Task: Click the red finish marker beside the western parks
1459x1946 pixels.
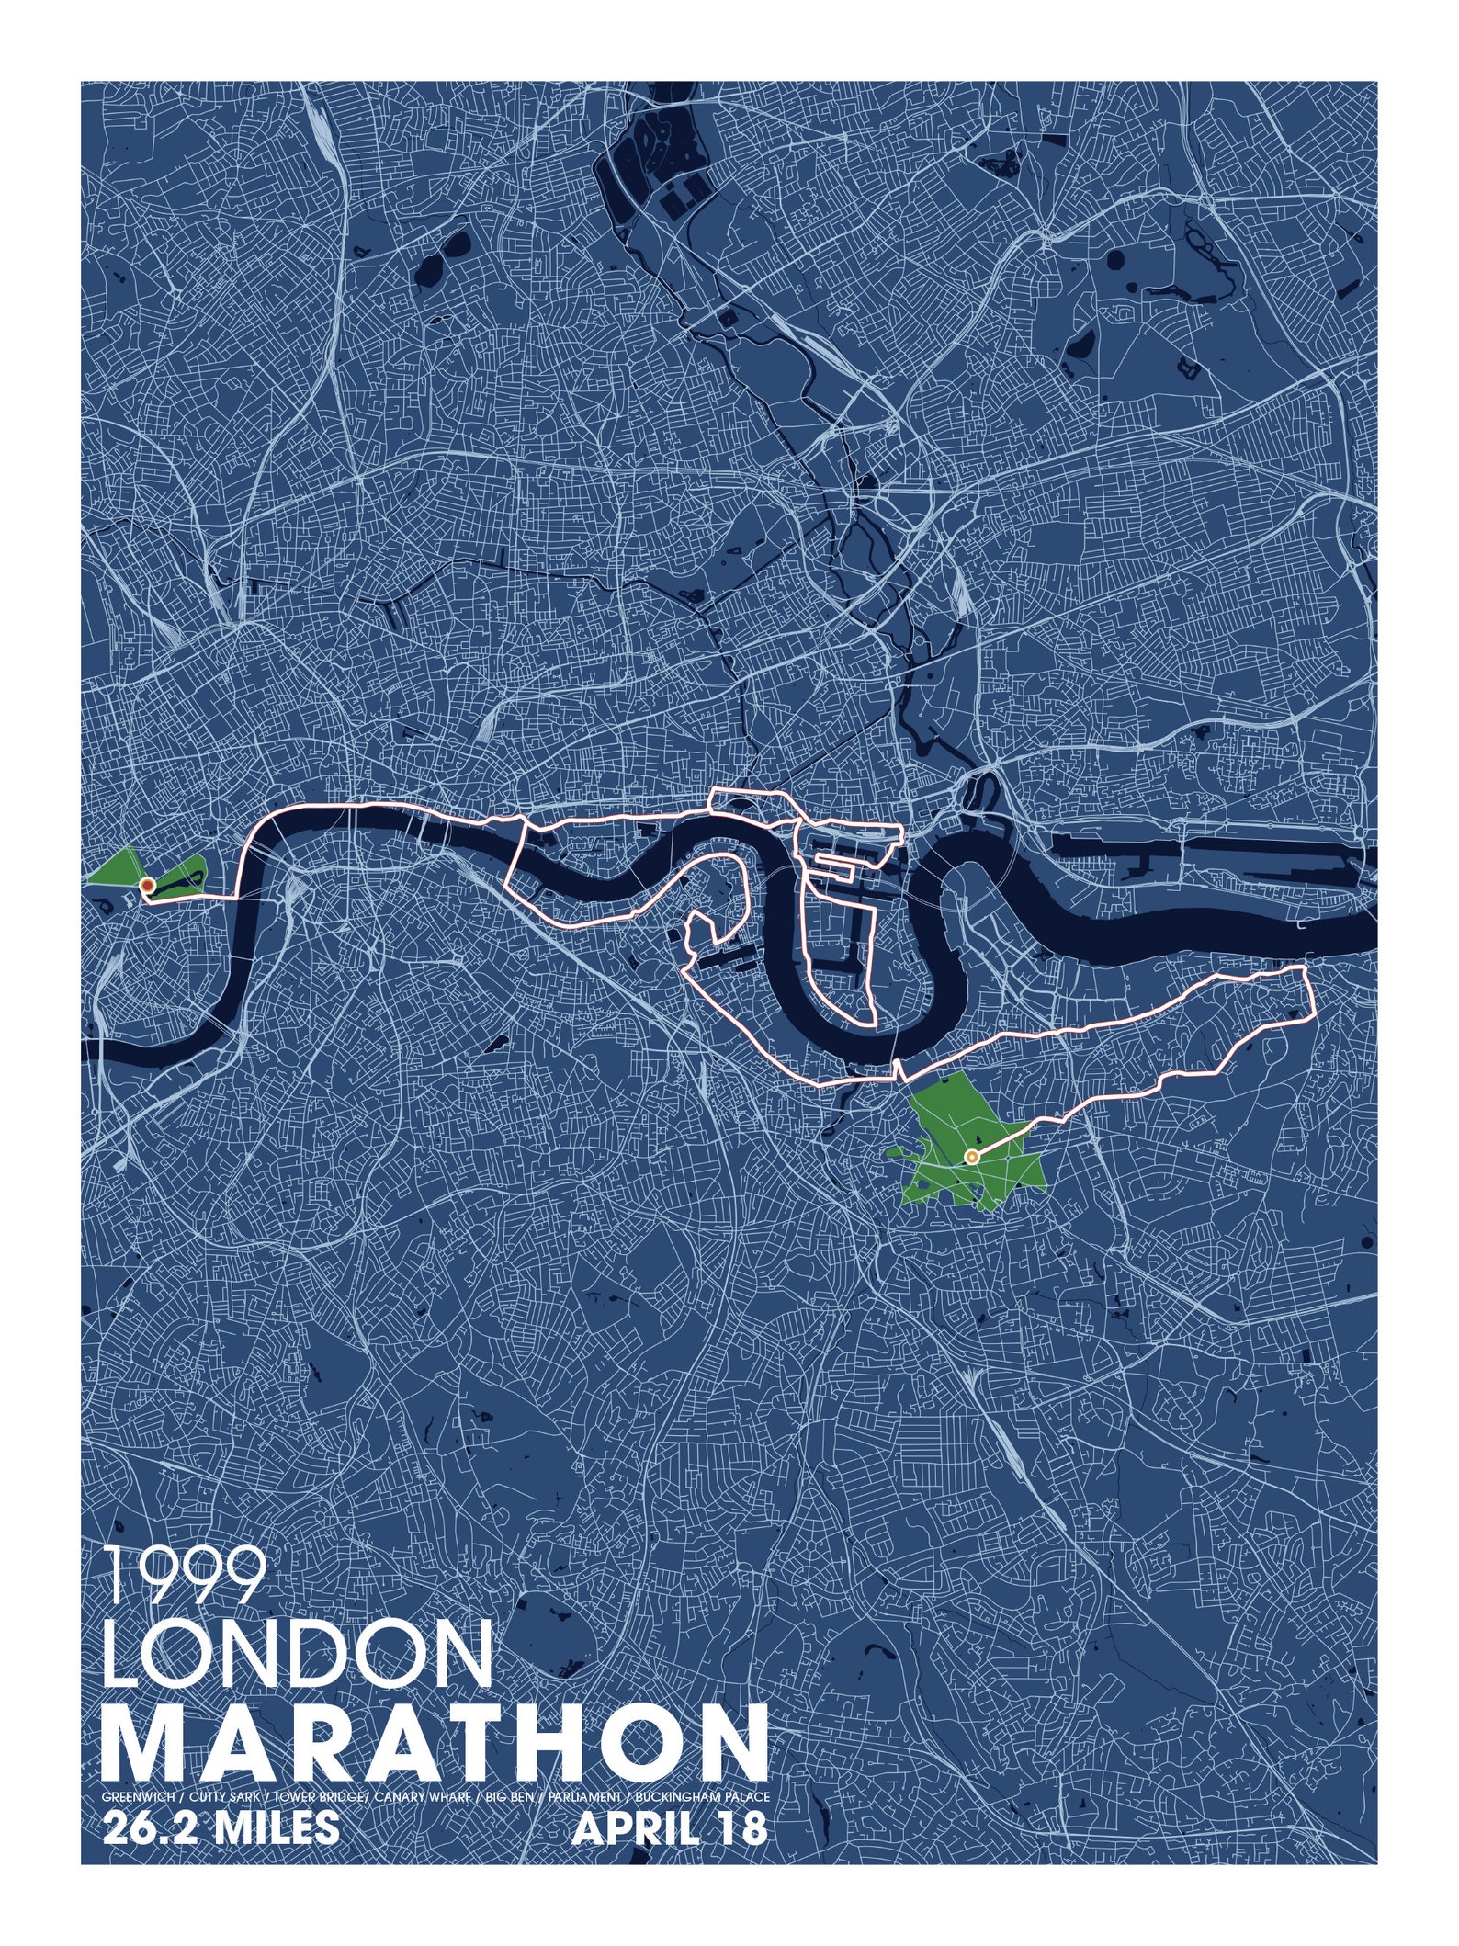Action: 146,885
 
